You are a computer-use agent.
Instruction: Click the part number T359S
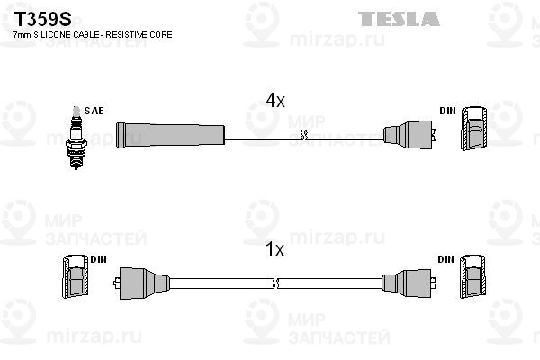[x=42, y=19]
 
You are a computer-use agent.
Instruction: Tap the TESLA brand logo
[x=399, y=19]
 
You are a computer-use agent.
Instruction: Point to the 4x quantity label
[x=275, y=101]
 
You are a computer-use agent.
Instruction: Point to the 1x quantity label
[x=274, y=249]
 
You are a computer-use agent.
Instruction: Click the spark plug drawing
[x=76, y=138]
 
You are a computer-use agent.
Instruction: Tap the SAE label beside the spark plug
[x=94, y=111]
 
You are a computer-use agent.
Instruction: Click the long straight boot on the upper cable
[x=170, y=135]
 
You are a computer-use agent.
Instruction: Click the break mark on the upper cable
[x=303, y=135]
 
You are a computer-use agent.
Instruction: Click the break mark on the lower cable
[x=275, y=283]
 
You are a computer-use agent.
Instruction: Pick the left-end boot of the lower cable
[x=141, y=283]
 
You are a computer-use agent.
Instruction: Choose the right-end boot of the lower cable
[x=409, y=283]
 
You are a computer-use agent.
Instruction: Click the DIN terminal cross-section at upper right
[x=474, y=128]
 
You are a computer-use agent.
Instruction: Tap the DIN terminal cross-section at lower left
[x=76, y=276]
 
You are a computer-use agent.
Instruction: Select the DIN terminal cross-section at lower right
[x=473, y=276]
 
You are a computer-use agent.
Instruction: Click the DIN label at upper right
[x=447, y=111]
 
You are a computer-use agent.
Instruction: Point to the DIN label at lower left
[x=98, y=259]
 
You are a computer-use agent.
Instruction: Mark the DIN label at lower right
[x=446, y=259]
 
